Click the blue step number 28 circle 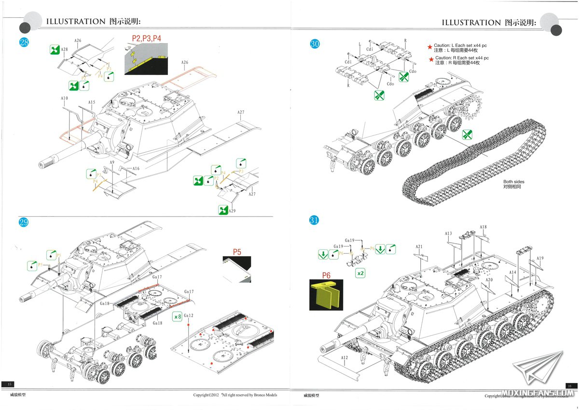click(24, 42)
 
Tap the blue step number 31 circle click(314, 220)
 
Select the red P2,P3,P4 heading click(146, 38)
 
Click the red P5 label click(237, 252)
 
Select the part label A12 click(344, 358)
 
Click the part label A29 click(232, 211)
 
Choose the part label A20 click(489, 280)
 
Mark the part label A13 click(448, 234)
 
